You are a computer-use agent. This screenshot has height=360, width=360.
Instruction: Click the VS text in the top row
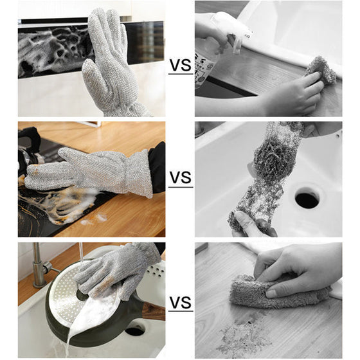pos(180,66)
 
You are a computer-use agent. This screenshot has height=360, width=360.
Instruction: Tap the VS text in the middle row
pos(180,177)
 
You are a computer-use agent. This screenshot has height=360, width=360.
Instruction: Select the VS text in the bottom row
pos(180,303)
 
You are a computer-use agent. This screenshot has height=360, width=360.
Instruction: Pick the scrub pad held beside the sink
pos(319,71)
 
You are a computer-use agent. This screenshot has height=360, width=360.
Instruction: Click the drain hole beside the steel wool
pos(306,199)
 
